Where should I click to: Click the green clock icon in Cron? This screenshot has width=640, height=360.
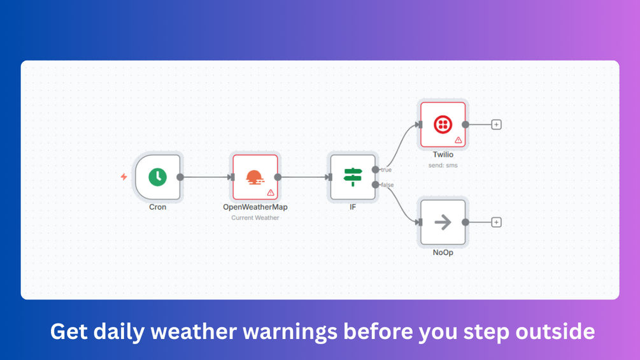(157, 177)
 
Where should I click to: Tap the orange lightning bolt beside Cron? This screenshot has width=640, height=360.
(124, 176)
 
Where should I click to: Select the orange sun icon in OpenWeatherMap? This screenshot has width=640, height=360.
(255, 177)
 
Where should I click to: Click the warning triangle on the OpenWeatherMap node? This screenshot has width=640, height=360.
(271, 192)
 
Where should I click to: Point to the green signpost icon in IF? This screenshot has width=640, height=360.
(353, 177)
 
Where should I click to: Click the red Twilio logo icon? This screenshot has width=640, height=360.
(443, 124)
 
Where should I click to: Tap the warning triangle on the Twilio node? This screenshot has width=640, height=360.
(459, 140)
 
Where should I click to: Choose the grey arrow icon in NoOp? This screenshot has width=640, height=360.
(443, 222)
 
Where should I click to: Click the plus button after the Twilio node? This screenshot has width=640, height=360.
(496, 124)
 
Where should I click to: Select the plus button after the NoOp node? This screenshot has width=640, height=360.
(496, 222)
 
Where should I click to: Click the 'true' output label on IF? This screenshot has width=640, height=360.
(386, 169)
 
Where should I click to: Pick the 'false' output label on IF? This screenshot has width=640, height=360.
(387, 185)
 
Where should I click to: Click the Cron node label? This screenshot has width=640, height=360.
(157, 207)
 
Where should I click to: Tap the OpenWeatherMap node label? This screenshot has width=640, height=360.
(255, 207)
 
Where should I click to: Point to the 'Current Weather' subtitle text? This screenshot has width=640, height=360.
(255, 218)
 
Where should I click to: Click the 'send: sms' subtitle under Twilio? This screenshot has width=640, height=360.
(443, 165)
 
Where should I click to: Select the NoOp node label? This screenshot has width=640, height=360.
(443, 253)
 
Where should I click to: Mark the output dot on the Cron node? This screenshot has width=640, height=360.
(180, 177)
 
